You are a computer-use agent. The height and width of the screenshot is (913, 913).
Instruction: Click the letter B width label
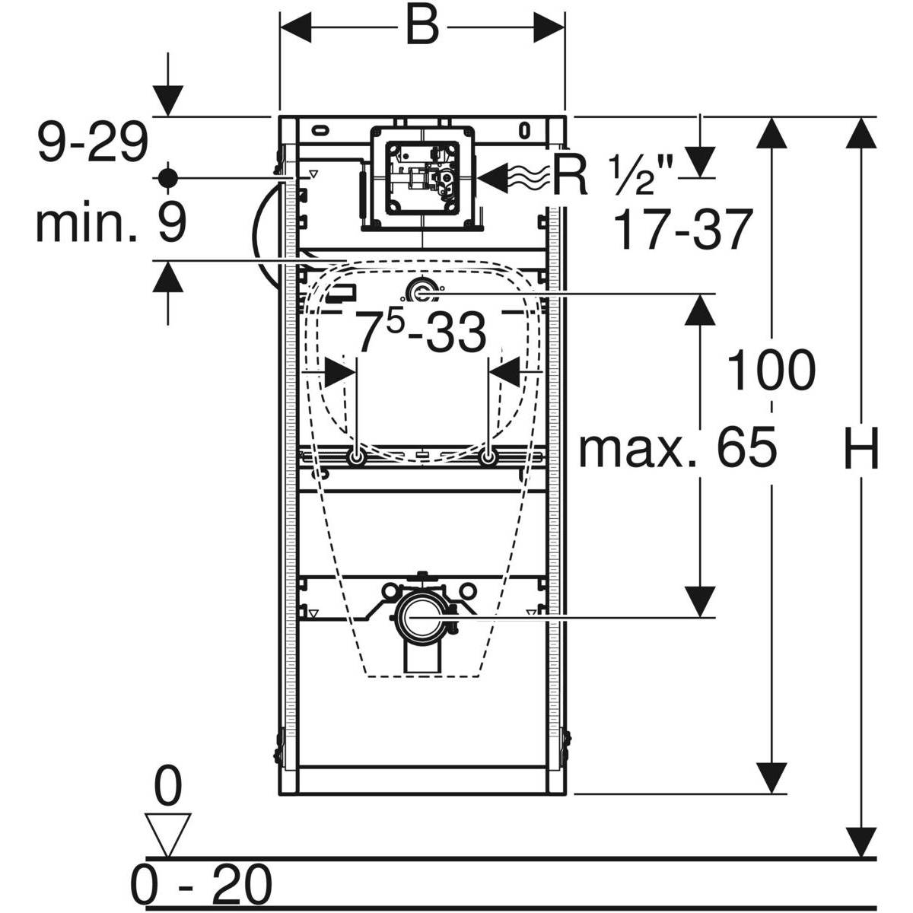point(422,28)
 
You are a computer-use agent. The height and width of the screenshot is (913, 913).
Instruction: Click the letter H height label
point(861,448)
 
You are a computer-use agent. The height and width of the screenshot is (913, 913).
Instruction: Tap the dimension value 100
point(771,371)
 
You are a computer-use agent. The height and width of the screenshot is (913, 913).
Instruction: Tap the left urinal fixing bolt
point(355,458)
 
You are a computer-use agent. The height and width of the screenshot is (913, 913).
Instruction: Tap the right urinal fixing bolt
point(488,458)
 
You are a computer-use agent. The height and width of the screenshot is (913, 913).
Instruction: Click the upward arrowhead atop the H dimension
point(861,134)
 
